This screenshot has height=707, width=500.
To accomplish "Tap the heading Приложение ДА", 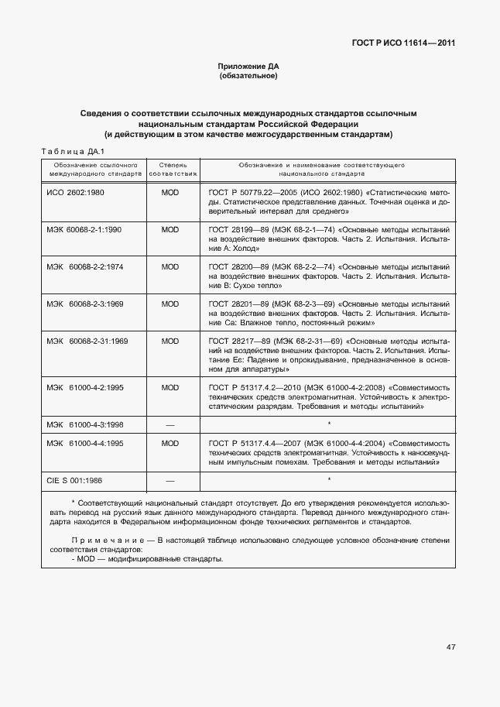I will [x=248, y=67].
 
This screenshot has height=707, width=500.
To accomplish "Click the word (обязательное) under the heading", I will [x=248, y=76].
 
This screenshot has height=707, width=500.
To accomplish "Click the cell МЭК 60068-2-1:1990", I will [x=84, y=230].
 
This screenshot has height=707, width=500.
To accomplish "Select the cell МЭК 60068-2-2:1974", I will [x=84, y=266].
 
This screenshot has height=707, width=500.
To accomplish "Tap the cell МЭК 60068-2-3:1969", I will [x=84, y=304].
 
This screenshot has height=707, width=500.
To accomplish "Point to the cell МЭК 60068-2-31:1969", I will [x=87, y=341].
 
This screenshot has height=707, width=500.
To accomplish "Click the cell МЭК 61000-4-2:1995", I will [x=84, y=387].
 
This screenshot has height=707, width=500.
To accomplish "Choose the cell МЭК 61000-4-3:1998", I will [x=84, y=425].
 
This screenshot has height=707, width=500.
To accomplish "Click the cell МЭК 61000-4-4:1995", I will [x=84, y=444].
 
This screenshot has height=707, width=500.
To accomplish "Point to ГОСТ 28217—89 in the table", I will [x=235, y=341].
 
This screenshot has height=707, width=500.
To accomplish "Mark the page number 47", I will [x=450, y=647].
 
